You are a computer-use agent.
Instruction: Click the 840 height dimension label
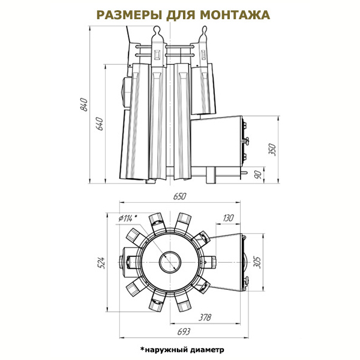point(85,104)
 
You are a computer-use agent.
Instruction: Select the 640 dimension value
point(100,124)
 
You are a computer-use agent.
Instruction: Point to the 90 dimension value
point(259,175)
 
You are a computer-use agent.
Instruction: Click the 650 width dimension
point(180,196)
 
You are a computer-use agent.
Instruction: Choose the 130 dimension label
point(228,218)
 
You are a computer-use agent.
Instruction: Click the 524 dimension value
point(102,263)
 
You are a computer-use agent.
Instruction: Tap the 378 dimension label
point(205,317)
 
